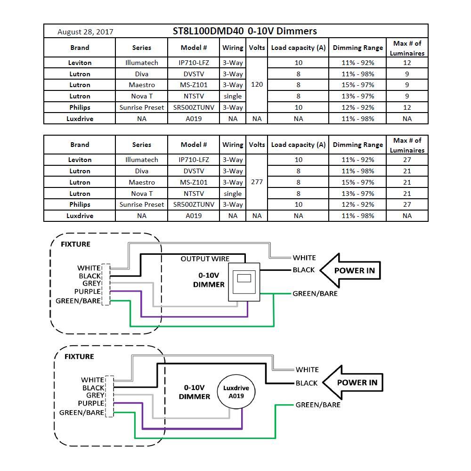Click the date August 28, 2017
[85, 32]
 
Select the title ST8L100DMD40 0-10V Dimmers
[244, 31]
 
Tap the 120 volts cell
[257, 85]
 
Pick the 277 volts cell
[257, 182]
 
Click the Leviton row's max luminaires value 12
[407, 63]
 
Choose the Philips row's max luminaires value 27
[407, 204]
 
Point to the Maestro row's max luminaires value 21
[407, 182]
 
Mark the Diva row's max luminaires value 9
[407, 74]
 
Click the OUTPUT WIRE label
[205, 259]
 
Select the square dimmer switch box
[244, 282]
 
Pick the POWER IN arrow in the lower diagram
[353, 382]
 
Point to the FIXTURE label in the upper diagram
[75, 244]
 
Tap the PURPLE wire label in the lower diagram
[91, 403]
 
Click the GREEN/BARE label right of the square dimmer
[315, 293]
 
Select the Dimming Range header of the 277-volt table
[357, 145]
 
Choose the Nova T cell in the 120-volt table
[141, 96]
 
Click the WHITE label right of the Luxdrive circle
[307, 370]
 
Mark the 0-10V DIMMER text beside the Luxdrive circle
[194, 392]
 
